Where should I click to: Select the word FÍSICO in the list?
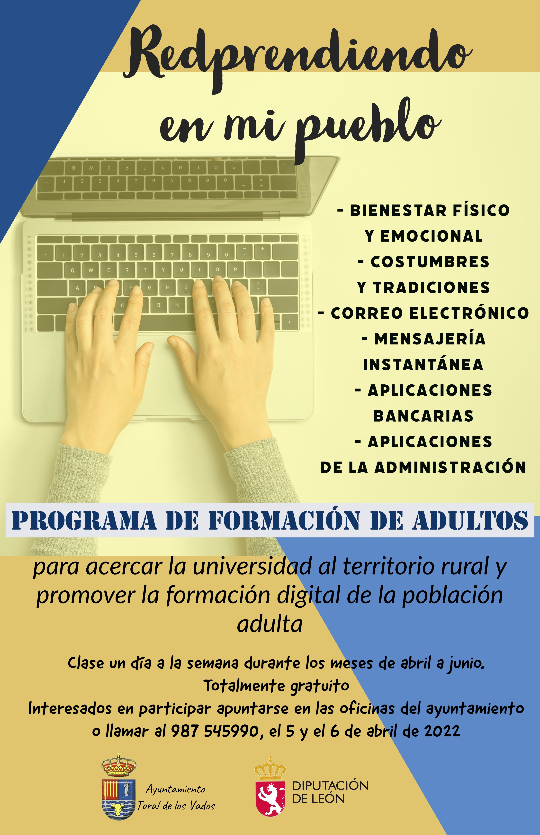[x=481, y=210]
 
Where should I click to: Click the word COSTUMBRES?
[x=430, y=262]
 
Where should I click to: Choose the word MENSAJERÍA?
[x=430, y=339]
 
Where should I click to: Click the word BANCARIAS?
[x=423, y=416]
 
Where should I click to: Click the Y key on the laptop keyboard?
[x=163, y=270]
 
